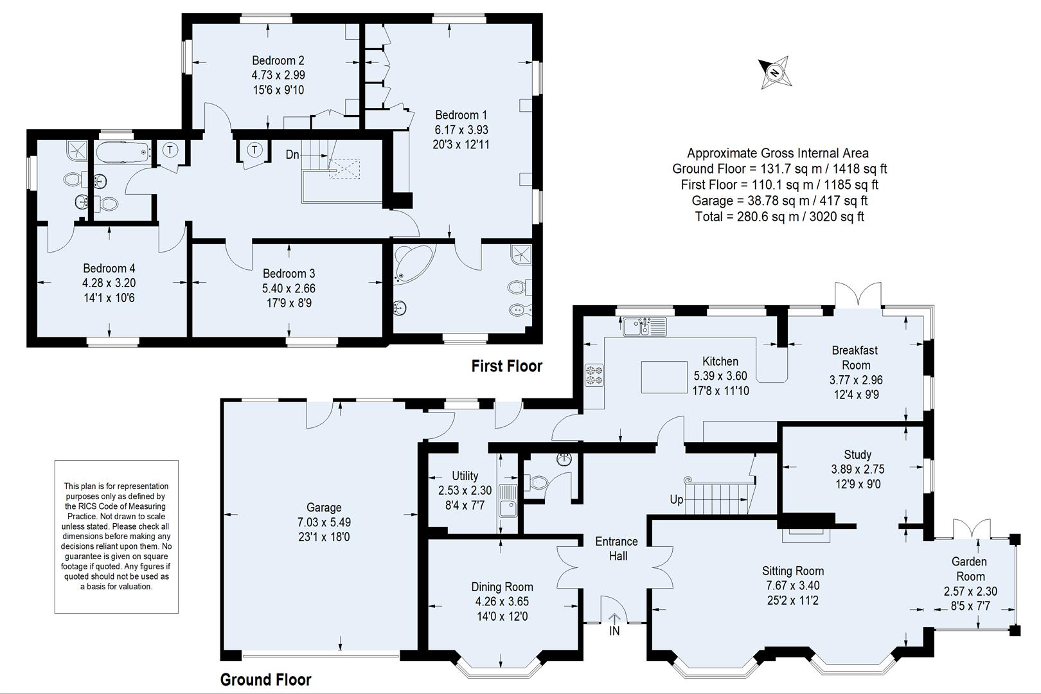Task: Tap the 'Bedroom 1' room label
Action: click(x=461, y=115)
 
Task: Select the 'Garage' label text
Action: click(x=323, y=507)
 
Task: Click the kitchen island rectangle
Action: click(x=664, y=377)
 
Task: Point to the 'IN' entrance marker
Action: click(x=614, y=631)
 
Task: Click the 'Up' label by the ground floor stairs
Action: click(x=676, y=499)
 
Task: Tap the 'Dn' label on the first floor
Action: click(x=292, y=155)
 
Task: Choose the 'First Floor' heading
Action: click(x=506, y=366)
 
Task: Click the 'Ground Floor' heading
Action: click(x=265, y=679)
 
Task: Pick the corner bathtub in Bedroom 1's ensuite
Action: click(x=411, y=263)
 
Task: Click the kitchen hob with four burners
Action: click(x=594, y=375)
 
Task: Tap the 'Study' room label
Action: click(x=857, y=454)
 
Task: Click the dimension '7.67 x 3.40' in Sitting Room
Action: click(x=792, y=585)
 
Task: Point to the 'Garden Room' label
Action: click(x=969, y=569)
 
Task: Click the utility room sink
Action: click(x=508, y=501)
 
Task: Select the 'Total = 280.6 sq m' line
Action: click(x=779, y=217)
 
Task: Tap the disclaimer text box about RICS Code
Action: click(x=116, y=536)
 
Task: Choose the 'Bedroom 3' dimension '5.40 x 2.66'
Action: click(x=289, y=289)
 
